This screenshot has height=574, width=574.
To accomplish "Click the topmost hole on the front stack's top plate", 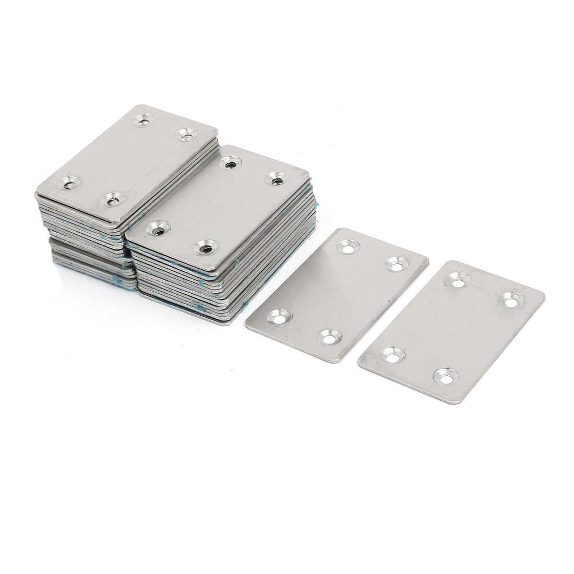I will pos(228,164).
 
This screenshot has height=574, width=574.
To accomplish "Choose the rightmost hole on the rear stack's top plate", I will pos(184,136).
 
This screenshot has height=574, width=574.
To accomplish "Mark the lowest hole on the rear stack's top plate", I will pos(111,198).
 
